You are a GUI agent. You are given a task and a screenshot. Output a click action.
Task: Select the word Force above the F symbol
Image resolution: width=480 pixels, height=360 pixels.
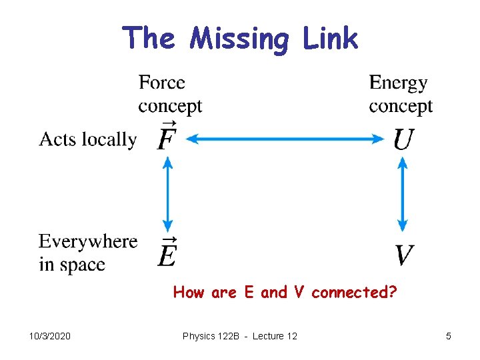click(x=162, y=83)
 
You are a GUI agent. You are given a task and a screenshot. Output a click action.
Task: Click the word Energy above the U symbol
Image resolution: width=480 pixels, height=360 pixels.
click(x=398, y=83)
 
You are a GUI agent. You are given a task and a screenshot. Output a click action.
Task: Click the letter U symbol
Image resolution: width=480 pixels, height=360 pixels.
click(x=403, y=139)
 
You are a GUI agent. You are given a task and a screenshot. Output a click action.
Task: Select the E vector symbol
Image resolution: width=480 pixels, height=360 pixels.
click(x=167, y=253)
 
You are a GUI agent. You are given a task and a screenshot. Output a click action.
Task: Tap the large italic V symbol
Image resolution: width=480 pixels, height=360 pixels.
click(x=404, y=255)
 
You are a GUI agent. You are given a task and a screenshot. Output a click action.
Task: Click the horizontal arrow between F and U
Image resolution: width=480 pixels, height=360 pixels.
click(x=285, y=139)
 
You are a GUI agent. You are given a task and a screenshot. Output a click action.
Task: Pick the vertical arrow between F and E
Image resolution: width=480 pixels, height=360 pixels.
click(x=168, y=193)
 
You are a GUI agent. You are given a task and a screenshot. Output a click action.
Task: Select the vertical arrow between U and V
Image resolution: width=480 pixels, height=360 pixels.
click(x=403, y=193)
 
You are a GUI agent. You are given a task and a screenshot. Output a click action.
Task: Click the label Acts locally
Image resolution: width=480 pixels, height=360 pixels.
click(x=87, y=139)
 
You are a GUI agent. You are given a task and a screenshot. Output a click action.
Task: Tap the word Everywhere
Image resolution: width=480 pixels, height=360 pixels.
click(x=88, y=241)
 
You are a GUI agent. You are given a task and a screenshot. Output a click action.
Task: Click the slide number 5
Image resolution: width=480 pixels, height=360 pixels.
click(x=449, y=336)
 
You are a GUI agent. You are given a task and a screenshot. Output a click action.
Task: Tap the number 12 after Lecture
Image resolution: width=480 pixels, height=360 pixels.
click(x=291, y=336)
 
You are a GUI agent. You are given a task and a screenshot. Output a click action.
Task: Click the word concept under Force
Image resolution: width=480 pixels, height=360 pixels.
click(x=170, y=107)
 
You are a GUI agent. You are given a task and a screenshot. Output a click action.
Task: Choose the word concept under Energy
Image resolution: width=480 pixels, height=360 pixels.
click(x=401, y=107)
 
